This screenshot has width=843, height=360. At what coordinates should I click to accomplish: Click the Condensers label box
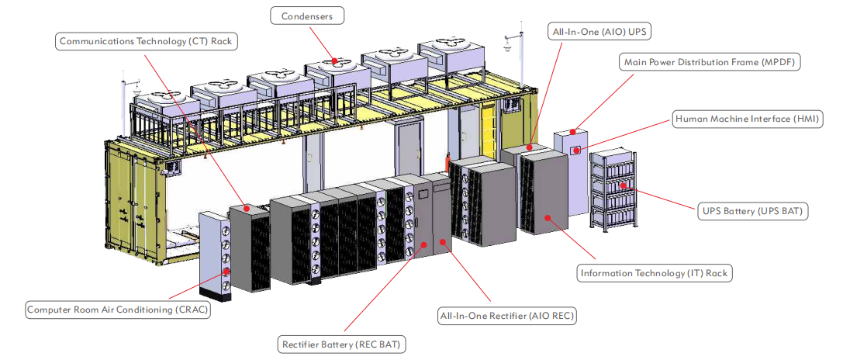click(x=308, y=16)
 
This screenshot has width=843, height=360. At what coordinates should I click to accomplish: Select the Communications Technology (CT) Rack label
click(x=147, y=41)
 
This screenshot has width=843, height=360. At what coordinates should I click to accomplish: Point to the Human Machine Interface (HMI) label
click(x=748, y=119)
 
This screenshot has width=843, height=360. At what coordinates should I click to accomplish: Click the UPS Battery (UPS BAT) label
click(x=752, y=211)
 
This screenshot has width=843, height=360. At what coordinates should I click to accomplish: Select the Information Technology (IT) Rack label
click(x=655, y=273)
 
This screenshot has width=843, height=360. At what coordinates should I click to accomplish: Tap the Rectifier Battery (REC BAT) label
click(x=343, y=343)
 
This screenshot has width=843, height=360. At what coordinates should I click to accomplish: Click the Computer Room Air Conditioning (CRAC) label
click(x=118, y=310)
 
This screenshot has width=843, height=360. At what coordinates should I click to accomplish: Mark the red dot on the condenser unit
click(x=335, y=60)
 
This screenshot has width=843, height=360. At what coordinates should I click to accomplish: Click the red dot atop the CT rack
click(x=247, y=208)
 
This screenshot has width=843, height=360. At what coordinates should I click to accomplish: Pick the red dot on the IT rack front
click(x=548, y=218)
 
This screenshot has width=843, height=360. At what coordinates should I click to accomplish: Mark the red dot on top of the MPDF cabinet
click(x=574, y=131)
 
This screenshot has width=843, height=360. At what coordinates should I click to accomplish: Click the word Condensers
click(x=308, y=16)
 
